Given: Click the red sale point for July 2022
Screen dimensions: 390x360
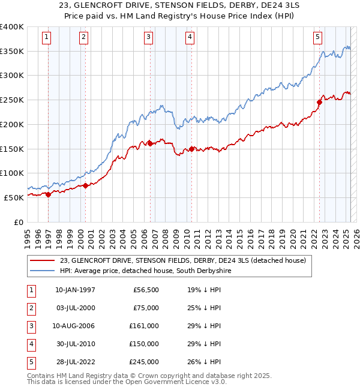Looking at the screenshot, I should click(320, 102).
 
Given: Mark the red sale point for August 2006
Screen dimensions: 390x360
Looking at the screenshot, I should click(149, 143).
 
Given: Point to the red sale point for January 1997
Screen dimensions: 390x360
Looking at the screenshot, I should click(48, 194).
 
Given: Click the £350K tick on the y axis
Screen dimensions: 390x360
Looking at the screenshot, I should click(12, 52).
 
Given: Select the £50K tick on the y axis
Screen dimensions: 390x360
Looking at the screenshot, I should click(14, 197).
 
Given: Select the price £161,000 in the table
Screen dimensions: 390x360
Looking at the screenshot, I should click(145, 326).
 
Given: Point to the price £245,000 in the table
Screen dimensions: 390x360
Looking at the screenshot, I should click(145, 362).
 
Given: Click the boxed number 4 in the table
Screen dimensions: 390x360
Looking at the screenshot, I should click(31, 344).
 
